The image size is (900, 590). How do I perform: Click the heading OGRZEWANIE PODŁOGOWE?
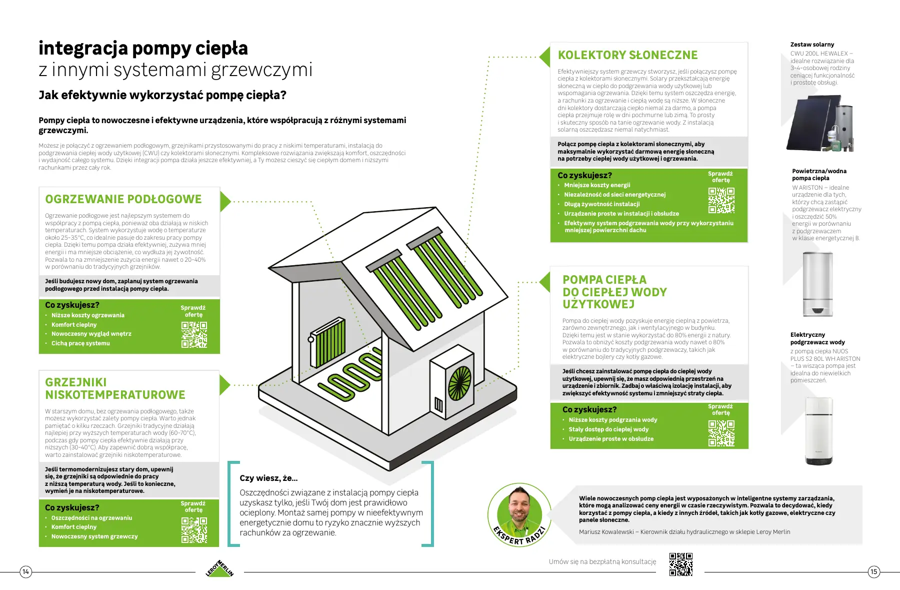pos(123,199)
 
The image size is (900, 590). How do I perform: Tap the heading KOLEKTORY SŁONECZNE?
pos(627,55)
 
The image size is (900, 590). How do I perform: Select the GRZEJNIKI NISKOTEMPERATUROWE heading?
pos(115,388)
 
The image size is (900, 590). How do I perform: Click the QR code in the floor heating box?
pos(194,334)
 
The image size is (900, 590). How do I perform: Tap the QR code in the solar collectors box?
pos(721,200)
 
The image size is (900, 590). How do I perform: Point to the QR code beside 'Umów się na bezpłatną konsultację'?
pos(681,564)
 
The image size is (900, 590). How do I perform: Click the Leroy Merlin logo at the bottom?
pos(219,568)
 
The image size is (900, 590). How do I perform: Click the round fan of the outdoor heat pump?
pos(459,384)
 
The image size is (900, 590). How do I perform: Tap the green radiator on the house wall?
pos(328,342)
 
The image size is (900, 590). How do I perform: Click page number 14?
pos(25,571)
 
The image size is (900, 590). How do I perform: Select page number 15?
pos(874,571)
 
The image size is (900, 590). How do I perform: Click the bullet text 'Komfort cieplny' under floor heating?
pos(74,325)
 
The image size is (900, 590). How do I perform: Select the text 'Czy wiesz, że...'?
pos(268,478)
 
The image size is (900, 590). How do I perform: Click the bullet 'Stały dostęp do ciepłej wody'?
pos(608,429)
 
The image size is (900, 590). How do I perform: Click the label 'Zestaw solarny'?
pos(812,45)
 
